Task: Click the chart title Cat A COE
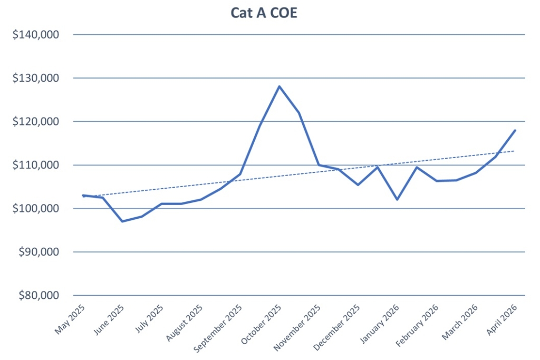[264, 13]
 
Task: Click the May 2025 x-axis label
[71, 320]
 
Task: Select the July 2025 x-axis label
[149, 320]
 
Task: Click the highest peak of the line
[279, 86]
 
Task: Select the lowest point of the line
[122, 221]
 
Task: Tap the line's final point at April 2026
[515, 130]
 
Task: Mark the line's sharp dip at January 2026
[397, 200]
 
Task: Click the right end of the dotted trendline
[514, 151]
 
